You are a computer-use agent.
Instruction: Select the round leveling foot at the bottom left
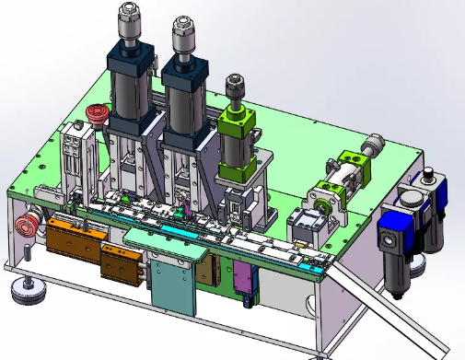29,293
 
